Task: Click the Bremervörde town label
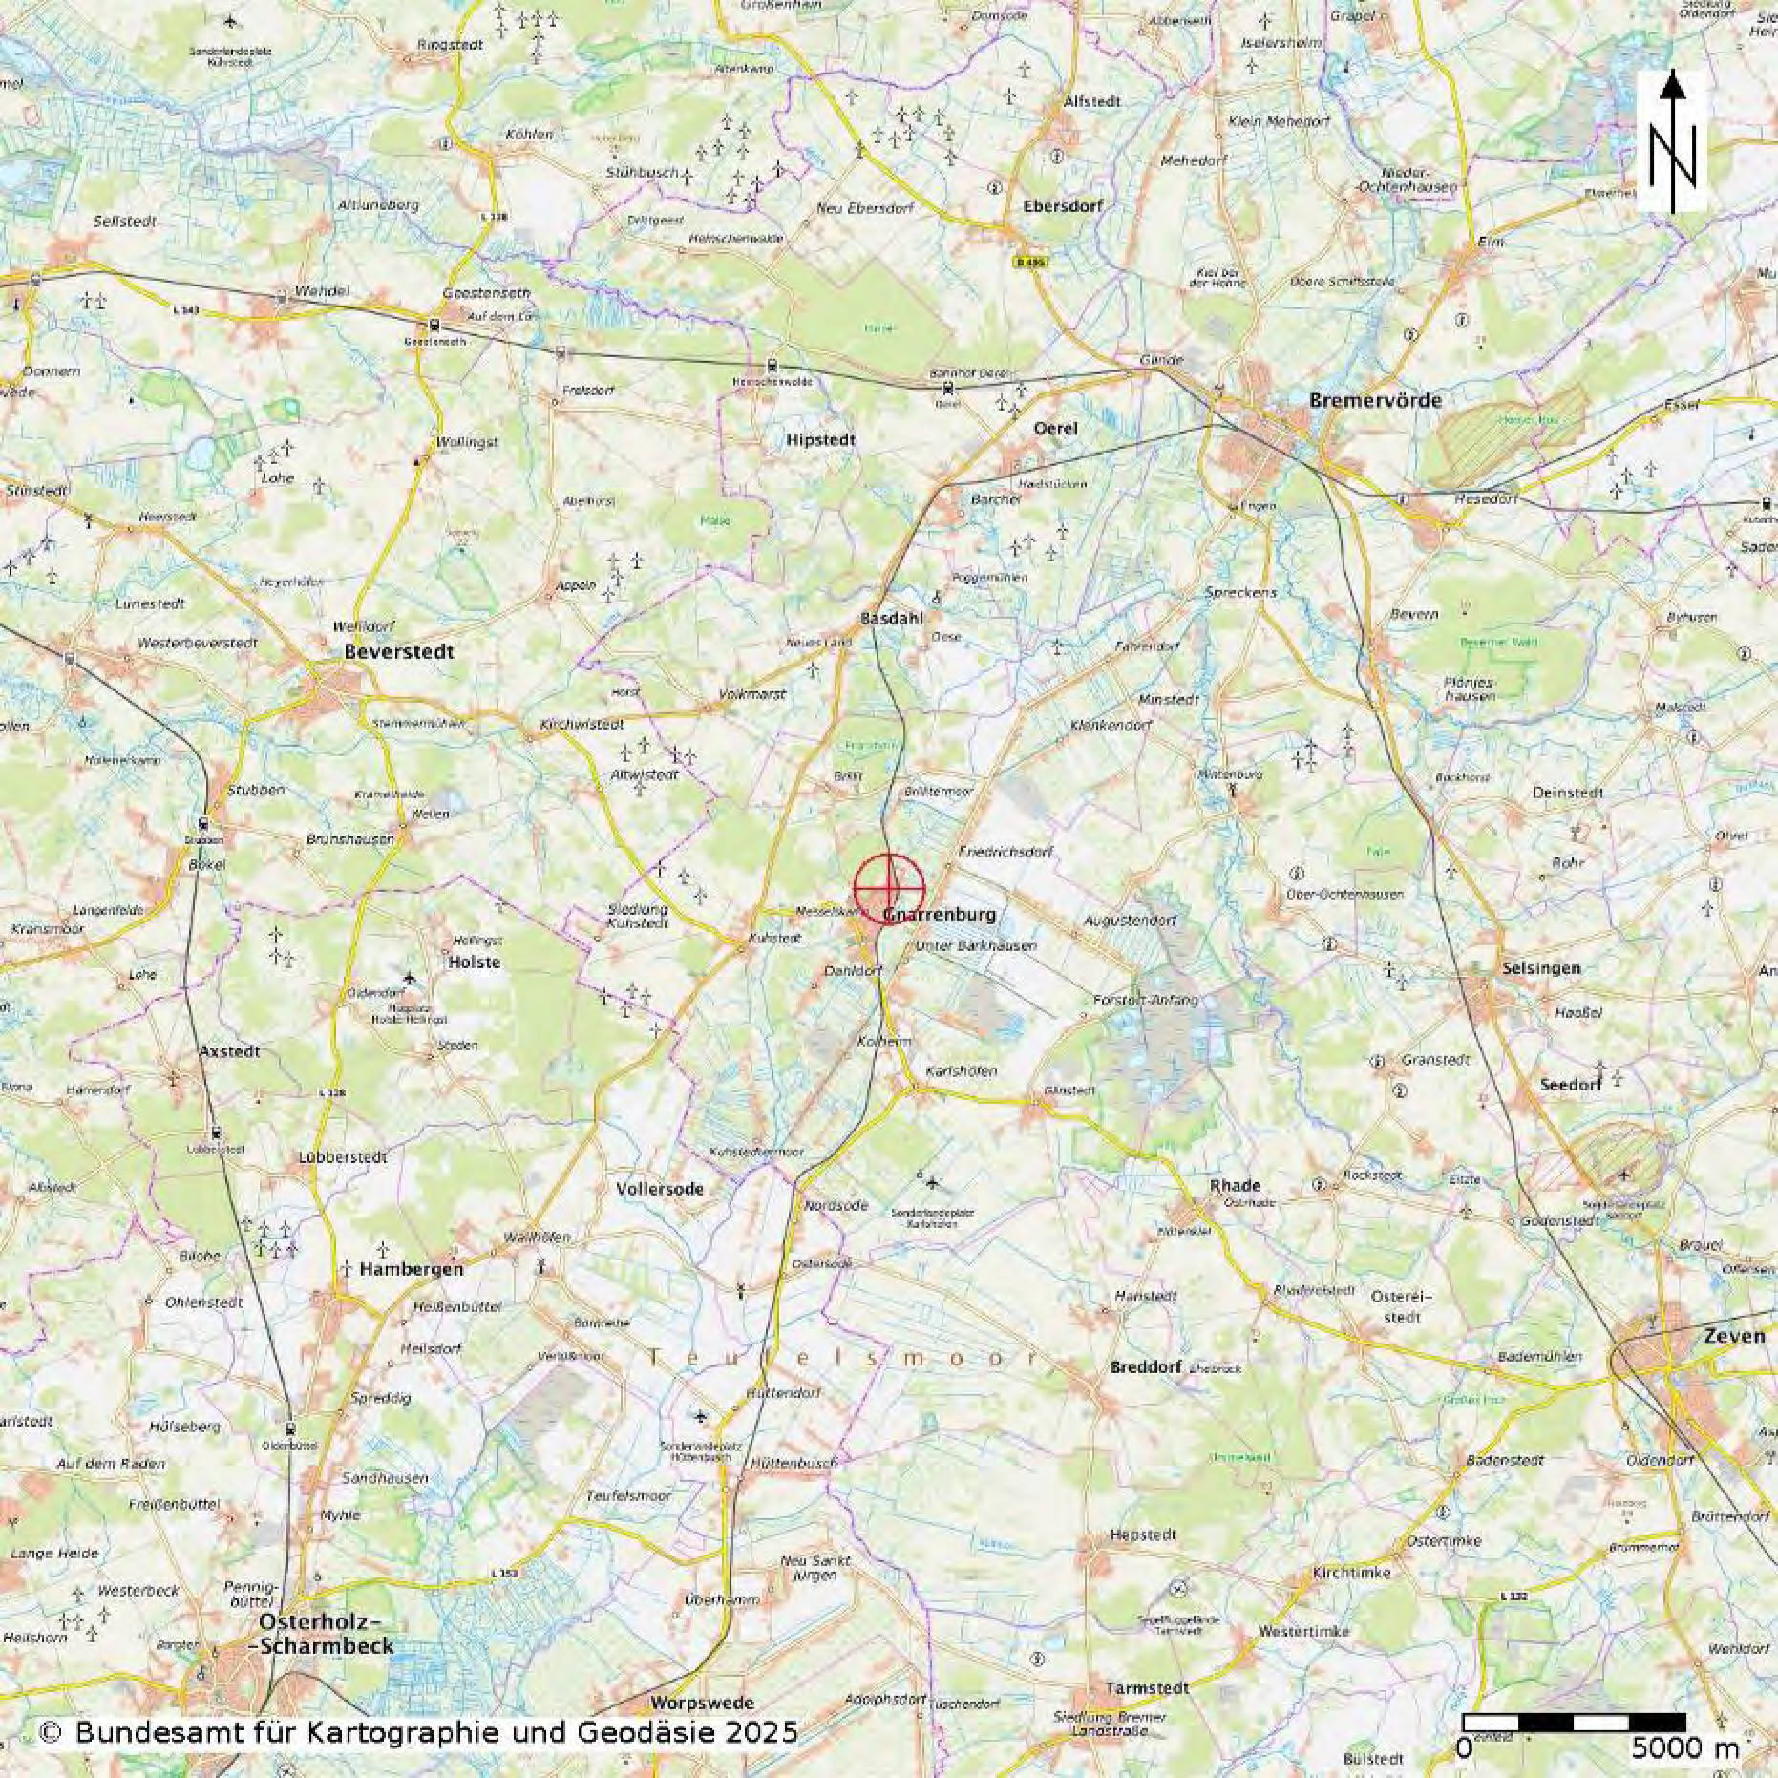point(1375,400)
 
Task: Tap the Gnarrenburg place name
point(940,915)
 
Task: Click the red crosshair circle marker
point(889,889)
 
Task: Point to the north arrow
point(1671,141)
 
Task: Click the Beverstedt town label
point(399,652)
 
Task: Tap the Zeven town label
point(1734,1336)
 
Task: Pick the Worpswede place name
point(702,1703)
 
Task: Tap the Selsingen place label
point(1541,968)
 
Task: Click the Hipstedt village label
point(821,440)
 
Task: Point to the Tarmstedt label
point(1147,1688)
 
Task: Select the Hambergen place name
point(412,1269)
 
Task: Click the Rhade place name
point(1236,1186)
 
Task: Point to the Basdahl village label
point(892,619)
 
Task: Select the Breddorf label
point(1146,1367)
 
